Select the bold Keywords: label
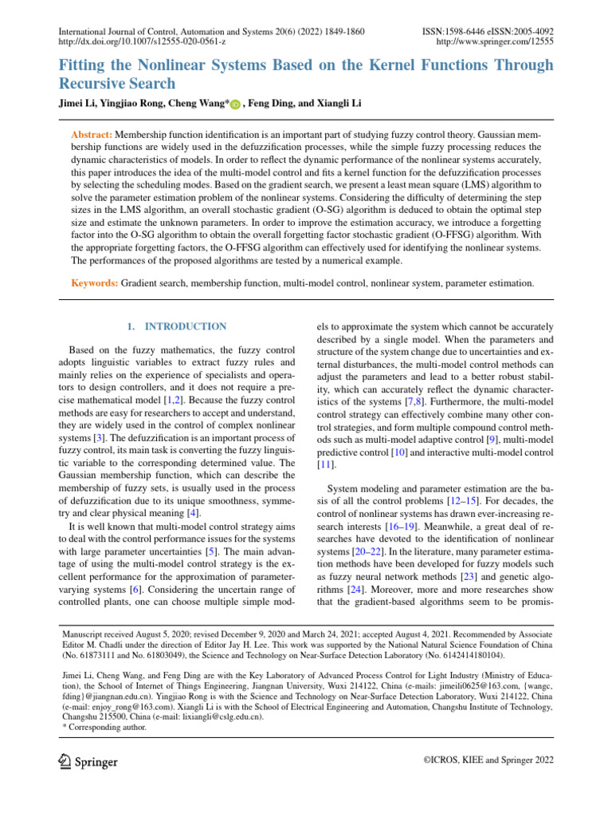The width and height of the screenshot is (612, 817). pyautogui.click(x=95, y=282)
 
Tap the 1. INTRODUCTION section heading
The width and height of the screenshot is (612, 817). pyautogui.click(x=177, y=326)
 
